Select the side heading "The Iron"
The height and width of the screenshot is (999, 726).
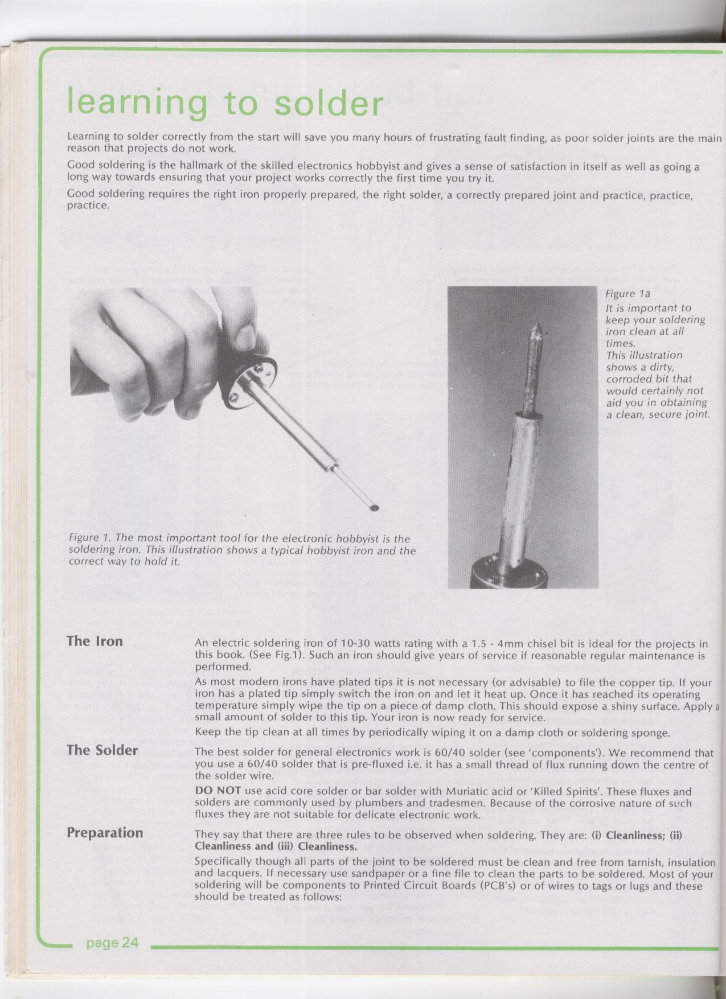pyautogui.click(x=95, y=642)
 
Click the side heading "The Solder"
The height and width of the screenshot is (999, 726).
pyautogui.click(x=102, y=750)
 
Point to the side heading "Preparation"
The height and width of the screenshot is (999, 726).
pyautogui.click(x=105, y=833)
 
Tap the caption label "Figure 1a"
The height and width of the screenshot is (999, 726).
pyautogui.click(x=628, y=294)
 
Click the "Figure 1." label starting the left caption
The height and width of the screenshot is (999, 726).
pyautogui.click(x=89, y=538)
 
